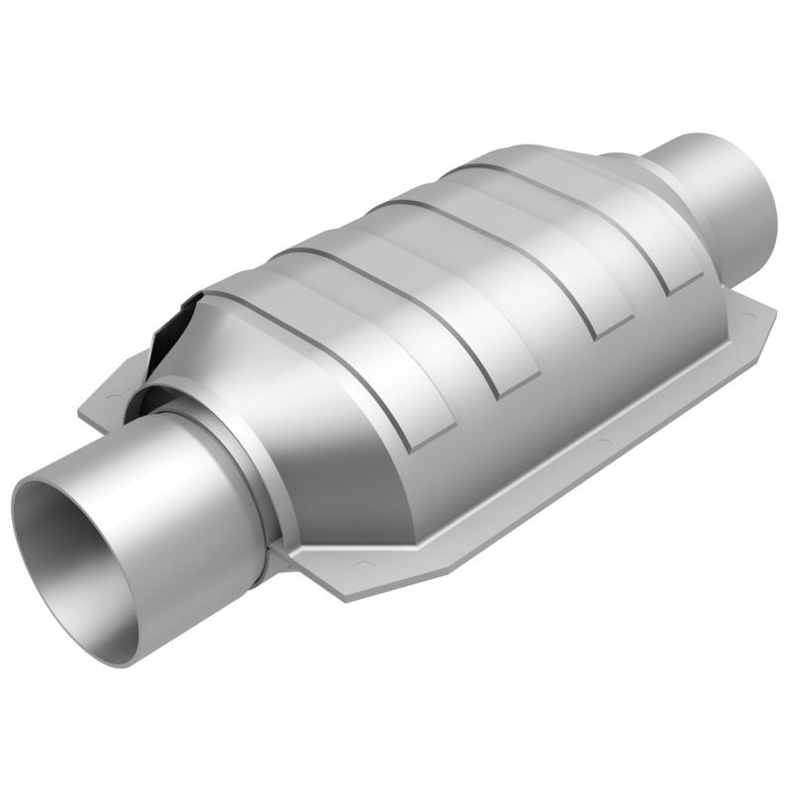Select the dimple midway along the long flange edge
tap(600, 438)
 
